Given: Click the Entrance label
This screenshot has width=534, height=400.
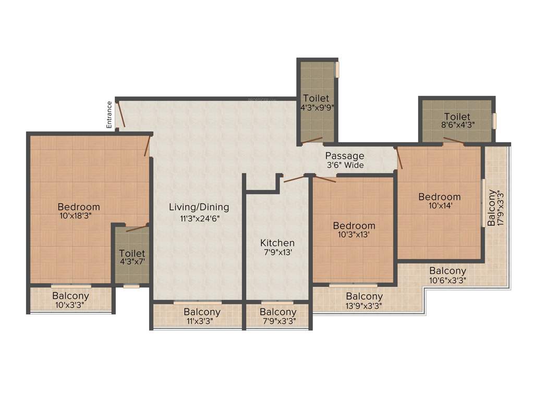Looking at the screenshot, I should (110, 115).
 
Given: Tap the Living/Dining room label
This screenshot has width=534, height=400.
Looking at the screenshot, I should (199, 207).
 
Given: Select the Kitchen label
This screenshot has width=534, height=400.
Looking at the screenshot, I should (277, 243).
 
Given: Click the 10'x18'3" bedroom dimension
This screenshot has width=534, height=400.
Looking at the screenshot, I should (79, 215).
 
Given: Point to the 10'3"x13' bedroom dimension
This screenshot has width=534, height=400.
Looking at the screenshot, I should (354, 234).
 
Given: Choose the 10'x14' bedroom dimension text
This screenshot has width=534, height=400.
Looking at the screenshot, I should (440, 205).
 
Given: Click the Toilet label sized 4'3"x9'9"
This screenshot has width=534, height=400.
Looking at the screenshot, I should (316, 98).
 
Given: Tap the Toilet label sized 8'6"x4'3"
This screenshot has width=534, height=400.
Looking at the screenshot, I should (457, 117).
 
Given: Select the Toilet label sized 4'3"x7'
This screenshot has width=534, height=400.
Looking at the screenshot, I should (132, 254).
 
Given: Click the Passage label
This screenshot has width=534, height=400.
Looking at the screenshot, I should (345, 156).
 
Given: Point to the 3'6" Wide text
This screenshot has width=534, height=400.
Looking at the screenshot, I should (345, 165).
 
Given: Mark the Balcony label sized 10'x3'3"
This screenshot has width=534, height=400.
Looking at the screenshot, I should (70, 296).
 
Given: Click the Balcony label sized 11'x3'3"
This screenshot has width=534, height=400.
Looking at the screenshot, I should (202, 312).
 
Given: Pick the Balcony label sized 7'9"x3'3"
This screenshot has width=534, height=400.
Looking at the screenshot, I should (278, 312).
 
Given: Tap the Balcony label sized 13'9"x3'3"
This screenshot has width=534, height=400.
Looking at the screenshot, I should (364, 297).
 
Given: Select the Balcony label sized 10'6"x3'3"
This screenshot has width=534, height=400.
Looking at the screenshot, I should (447, 271).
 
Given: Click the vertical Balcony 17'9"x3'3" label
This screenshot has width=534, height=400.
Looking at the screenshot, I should (492, 208).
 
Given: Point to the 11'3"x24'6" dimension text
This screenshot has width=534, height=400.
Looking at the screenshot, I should (199, 219).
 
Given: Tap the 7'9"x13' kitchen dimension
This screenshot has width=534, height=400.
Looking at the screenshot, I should (277, 254).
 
